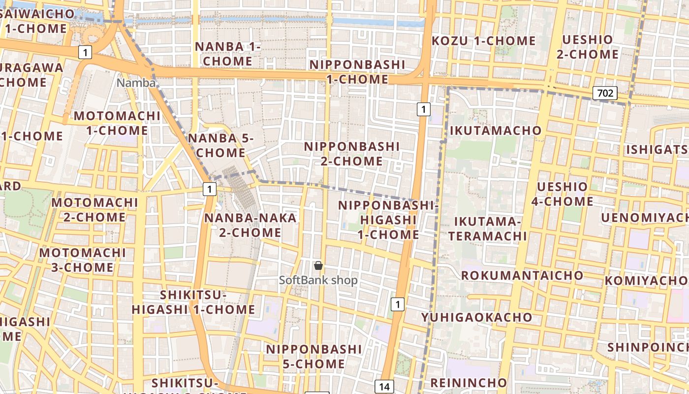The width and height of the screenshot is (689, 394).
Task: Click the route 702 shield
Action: click(605, 93)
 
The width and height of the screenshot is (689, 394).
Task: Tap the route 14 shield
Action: click(384, 387)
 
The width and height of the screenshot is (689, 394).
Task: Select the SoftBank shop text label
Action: click(318, 280)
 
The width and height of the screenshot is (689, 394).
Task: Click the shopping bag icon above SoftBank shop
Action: click(318, 265)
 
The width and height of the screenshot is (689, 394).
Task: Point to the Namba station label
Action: click(136, 83)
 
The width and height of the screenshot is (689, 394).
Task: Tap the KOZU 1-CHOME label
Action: click(484, 41)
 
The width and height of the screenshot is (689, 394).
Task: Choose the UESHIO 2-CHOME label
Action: click(588, 47)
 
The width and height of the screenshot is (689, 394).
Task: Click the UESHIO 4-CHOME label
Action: click(563, 194)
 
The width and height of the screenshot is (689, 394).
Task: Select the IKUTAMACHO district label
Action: click(496, 131)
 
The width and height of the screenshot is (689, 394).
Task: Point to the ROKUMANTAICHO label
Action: click(522, 275)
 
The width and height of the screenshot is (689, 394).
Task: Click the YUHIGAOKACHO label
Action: click(476, 317)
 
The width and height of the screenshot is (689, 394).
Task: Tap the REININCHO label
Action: click(469, 383)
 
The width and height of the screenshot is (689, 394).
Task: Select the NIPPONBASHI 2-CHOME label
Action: click(351, 154)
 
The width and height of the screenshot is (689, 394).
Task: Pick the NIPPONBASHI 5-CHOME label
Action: click(314, 356)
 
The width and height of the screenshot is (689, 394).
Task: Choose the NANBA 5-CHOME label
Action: click(220, 145)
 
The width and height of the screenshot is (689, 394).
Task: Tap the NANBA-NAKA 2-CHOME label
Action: click(251, 225)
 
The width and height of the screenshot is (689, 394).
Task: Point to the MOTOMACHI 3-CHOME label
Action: click(83, 260)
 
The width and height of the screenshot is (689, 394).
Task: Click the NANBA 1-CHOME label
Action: click(228, 54)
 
